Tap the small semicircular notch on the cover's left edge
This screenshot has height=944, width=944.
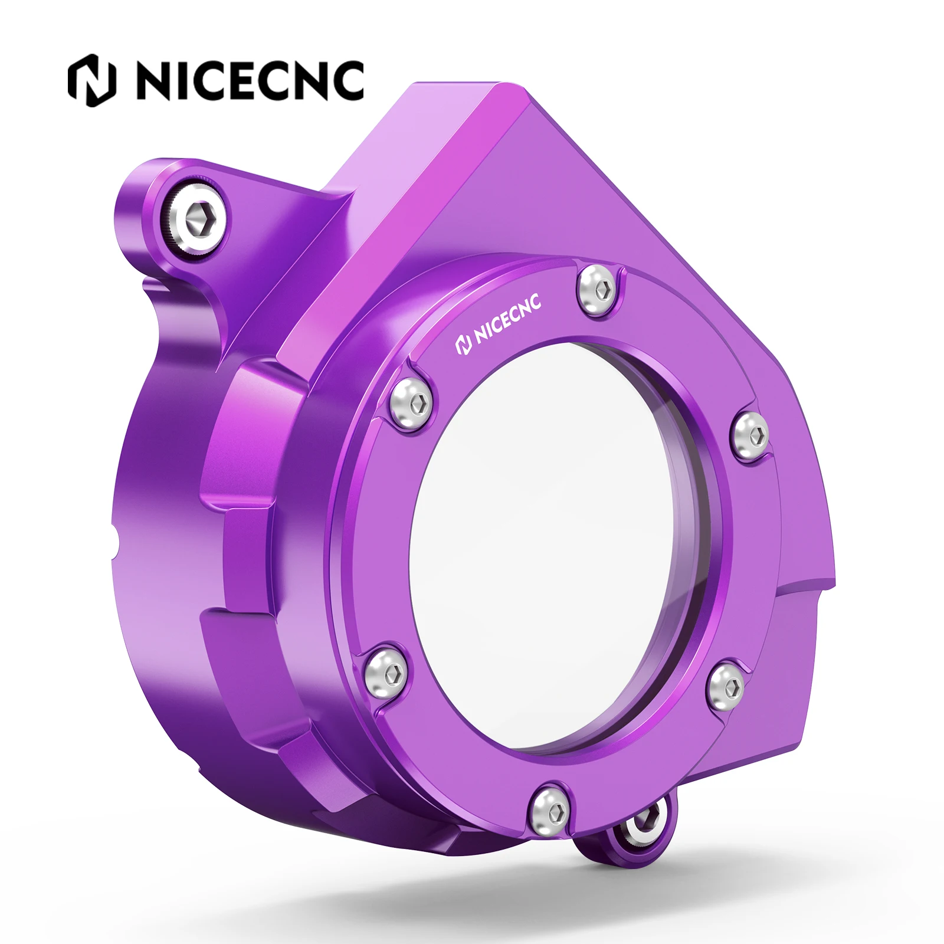pyautogui.click(x=114, y=540)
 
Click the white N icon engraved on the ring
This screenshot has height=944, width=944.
pyautogui.click(x=464, y=345)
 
